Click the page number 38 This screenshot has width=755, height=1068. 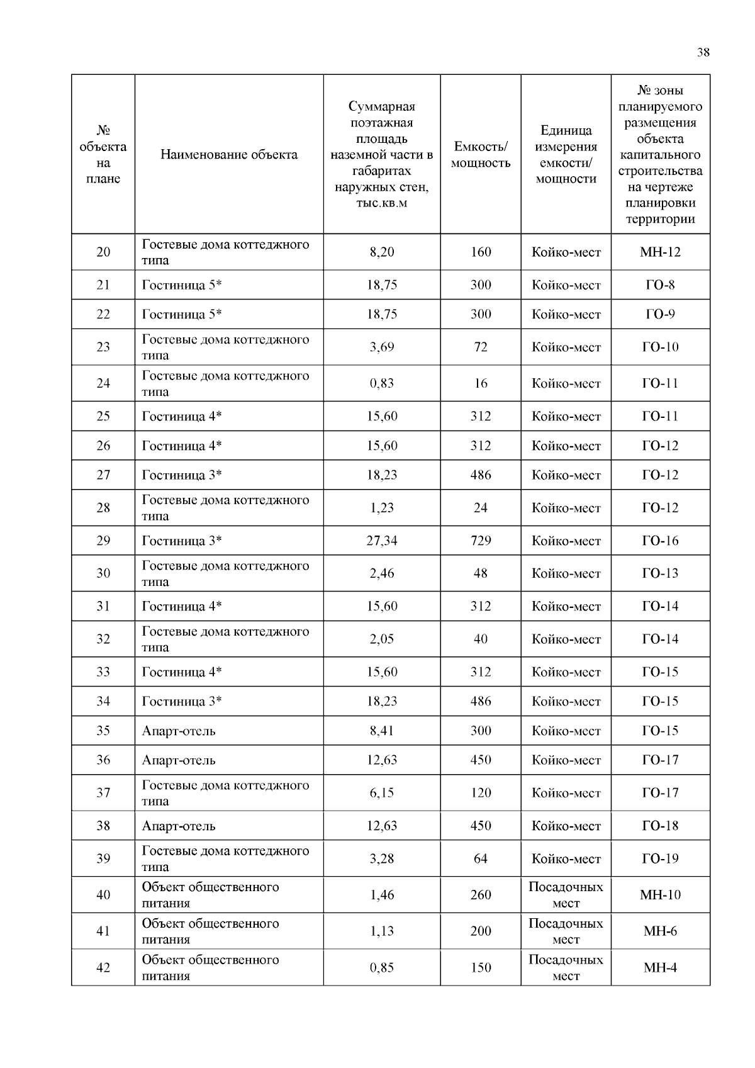703,52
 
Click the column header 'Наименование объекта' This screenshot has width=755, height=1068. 229,155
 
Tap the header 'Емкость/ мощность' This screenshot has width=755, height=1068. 481,155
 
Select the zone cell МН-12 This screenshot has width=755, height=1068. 660,252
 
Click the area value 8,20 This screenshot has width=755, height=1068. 382,252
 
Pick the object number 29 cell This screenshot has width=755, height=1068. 103,541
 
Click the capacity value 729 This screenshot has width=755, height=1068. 481,541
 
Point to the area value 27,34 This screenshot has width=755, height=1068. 382,541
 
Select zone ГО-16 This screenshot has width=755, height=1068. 660,541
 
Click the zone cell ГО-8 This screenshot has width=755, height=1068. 660,285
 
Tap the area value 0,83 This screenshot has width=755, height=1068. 382,383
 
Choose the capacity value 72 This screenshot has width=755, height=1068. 481,347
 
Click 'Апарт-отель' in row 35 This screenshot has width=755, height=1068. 179,731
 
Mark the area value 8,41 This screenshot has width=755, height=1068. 382,731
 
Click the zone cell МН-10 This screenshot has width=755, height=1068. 660,895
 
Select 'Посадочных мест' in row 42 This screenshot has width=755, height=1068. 566,968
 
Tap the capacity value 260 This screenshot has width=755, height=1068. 481,895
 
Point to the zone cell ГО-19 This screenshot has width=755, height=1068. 660,858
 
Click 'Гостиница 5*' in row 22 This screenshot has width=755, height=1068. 182,314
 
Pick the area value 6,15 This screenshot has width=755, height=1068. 382,793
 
